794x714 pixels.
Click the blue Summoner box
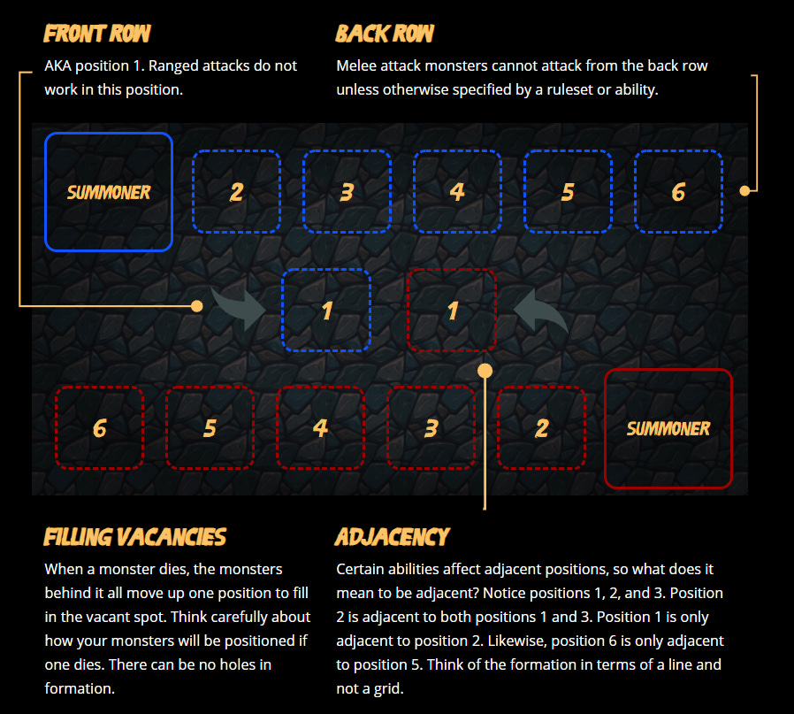[109, 191]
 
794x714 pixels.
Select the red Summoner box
[668, 429]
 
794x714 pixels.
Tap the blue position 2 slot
[236, 191]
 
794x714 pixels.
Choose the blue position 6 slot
[678, 191]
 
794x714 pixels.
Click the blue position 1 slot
[326, 311]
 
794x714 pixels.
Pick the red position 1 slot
[452, 311]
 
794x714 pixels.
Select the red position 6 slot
[99, 427]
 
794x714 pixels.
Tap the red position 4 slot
[321, 427]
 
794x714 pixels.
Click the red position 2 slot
[541, 427]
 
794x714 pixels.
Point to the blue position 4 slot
[457, 191]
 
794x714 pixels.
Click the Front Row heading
[96, 34]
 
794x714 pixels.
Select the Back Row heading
[385, 34]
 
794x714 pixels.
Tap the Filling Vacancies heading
[134, 537]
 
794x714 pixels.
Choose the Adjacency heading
[393, 537]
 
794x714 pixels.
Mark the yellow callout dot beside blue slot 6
[744, 191]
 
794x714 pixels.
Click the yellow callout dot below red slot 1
[485, 371]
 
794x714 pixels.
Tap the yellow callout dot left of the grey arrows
[197, 306]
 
